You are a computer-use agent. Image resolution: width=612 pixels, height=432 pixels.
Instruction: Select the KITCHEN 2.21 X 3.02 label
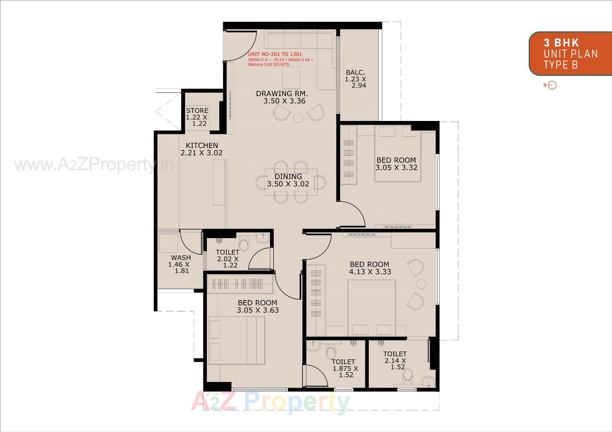202,149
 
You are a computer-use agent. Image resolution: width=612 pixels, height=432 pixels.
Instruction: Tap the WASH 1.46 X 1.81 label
181,264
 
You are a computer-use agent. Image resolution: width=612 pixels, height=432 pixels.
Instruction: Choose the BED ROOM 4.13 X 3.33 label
370,268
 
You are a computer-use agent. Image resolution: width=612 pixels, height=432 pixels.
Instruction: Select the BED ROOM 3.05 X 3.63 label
258,306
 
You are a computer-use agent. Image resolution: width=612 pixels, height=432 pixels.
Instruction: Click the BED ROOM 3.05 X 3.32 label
396,164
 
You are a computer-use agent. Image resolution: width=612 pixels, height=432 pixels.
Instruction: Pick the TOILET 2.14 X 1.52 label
395,360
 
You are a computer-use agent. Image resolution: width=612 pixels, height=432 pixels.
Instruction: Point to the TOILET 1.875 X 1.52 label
344,368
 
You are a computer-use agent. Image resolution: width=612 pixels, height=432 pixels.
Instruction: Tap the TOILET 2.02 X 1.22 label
228,258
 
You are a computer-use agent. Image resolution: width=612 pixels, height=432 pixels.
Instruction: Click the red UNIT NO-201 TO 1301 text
275,54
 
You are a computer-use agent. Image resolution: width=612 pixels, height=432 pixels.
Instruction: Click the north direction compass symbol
552,85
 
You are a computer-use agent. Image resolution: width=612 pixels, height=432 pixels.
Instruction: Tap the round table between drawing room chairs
298,118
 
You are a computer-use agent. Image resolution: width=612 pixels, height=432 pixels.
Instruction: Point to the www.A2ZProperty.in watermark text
94,165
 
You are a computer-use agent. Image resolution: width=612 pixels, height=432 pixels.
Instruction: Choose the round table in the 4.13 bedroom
421,284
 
